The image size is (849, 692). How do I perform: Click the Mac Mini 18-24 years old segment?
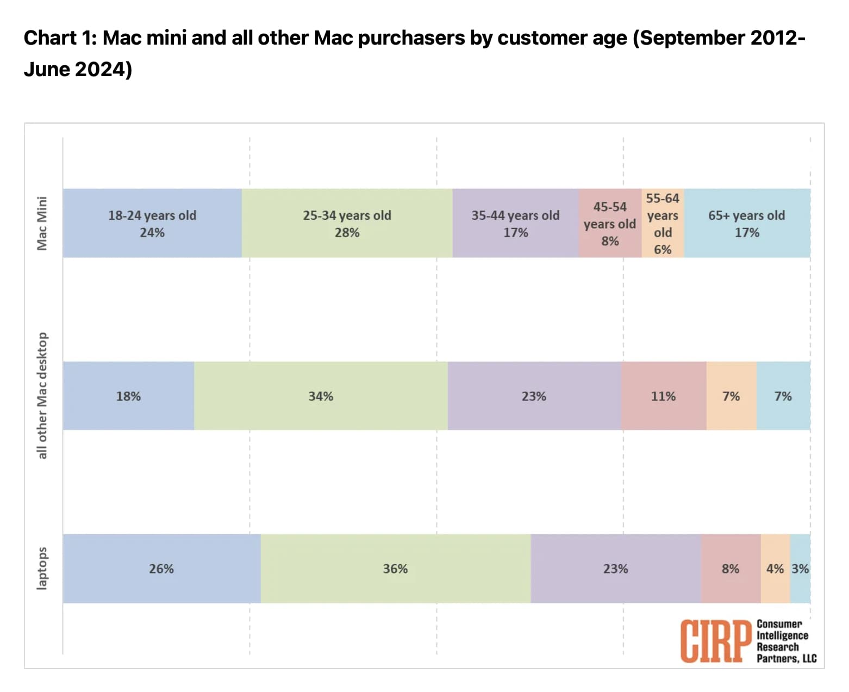152,223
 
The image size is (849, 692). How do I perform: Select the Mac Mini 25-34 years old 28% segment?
347,223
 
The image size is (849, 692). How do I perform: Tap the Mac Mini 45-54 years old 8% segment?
610,223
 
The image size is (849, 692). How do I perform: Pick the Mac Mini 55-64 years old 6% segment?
663,223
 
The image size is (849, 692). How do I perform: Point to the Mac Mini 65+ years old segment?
747,223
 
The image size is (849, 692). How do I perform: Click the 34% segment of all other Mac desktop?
321,396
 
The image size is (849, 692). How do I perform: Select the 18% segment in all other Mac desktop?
128,396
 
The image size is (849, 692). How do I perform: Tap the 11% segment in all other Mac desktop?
664,396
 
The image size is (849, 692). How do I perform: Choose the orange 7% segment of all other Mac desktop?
731,396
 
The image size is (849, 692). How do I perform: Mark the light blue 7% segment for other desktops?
783,396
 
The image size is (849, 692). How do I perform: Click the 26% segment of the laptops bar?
161,569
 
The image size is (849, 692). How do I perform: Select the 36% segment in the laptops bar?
395,569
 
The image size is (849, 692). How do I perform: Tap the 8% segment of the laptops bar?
731,569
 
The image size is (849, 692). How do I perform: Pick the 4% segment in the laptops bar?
775,569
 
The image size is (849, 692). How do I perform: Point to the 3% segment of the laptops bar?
800,569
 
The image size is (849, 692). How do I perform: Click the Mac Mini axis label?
42,223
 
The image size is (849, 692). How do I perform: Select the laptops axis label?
42,568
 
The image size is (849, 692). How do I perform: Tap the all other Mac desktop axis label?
42,396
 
